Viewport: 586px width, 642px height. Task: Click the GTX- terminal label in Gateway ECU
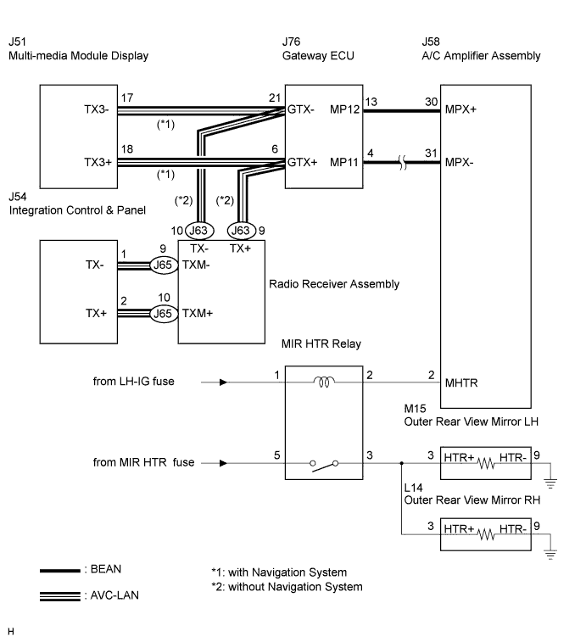(300, 109)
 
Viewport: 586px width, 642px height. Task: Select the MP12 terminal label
(344, 109)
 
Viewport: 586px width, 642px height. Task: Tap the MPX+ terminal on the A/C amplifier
(460, 109)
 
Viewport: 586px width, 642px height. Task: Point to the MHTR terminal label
(461, 382)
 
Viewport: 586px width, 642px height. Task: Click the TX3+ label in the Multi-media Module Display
(98, 163)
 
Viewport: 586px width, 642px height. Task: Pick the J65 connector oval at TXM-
(163, 265)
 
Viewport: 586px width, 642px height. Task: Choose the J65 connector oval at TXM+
(163, 314)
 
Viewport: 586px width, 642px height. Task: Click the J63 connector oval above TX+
(241, 231)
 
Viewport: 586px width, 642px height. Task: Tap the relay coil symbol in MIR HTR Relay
(324, 382)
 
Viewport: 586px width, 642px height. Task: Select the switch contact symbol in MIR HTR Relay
(324, 465)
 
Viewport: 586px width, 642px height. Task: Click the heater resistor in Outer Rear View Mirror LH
(486, 463)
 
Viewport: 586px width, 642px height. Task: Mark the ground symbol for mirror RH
(550, 555)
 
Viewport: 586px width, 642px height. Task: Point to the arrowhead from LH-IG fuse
(223, 382)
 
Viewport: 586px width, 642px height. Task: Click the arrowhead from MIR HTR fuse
(223, 463)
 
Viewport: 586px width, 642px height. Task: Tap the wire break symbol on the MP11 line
(403, 163)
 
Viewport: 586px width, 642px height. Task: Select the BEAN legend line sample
(60, 571)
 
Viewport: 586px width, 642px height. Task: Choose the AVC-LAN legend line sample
(60, 596)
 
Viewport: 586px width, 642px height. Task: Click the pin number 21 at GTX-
(275, 98)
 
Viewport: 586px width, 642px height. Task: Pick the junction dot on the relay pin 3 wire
(402, 463)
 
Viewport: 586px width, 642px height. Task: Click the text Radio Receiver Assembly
(334, 284)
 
